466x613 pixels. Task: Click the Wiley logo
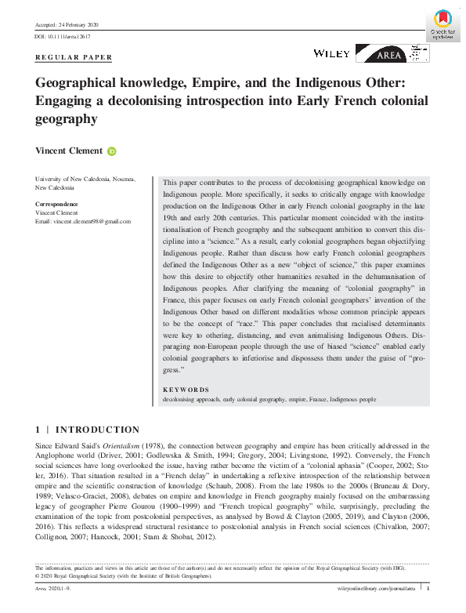pyautogui.click(x=331, y=53)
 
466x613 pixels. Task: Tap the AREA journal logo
pyautogui.click(x=392, y=53)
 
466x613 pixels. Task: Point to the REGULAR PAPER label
pyautogui.click(x=74, y=57)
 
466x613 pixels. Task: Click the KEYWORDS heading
pyautogui.click(x=186, y=390)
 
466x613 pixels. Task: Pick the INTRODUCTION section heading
pyautogui.click(x=98, y=430)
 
